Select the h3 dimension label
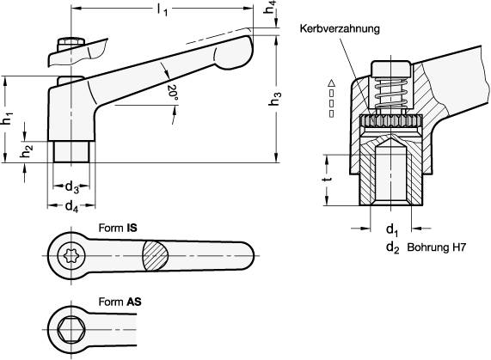[x=274, y=101]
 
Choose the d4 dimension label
[x=72, y=206]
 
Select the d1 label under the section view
[x=391, y=231]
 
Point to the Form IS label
[x=119, y=229]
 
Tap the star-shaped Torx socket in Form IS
[x=69, y=255]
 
